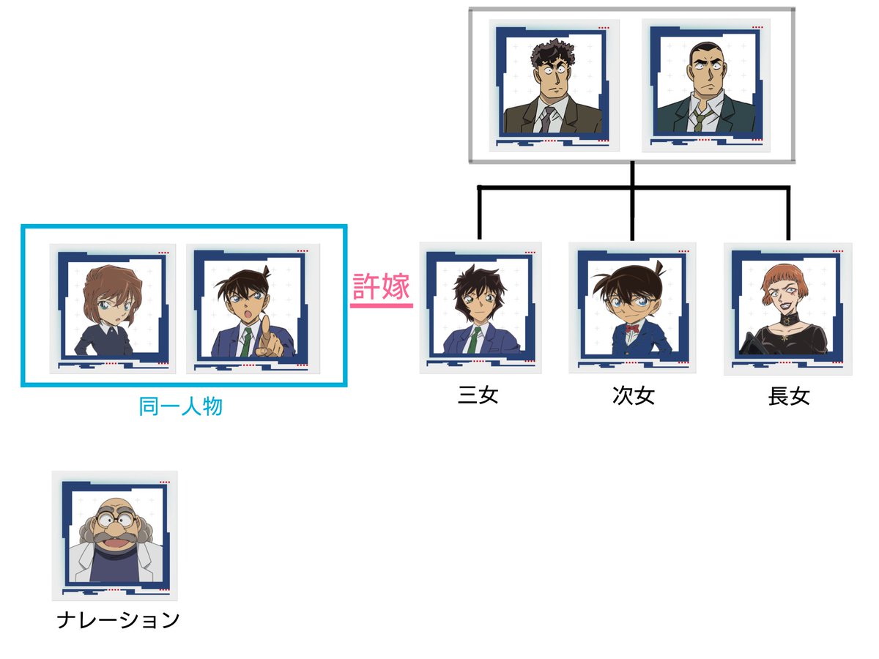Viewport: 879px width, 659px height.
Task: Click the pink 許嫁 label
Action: pos(381,286)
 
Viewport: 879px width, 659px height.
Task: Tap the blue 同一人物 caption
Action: pos(180,406)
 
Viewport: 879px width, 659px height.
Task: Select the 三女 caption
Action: pos(478,396)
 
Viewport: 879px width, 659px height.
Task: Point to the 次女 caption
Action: pos(633,396)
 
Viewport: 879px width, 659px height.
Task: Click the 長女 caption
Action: pos(789,396)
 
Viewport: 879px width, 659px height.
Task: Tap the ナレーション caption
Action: pos(118,620)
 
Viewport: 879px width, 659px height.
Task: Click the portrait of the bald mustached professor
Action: pos(114,535)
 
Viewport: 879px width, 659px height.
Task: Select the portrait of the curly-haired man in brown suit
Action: pos(554,85)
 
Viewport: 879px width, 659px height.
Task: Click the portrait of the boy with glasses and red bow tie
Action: pos(633,308)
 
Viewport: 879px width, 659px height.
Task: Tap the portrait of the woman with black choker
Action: pos(787,308)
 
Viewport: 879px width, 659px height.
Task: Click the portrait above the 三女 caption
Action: pos(480,308)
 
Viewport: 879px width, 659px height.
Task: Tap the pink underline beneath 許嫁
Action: pos(381,305)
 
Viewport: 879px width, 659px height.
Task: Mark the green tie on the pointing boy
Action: pos(248,340)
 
